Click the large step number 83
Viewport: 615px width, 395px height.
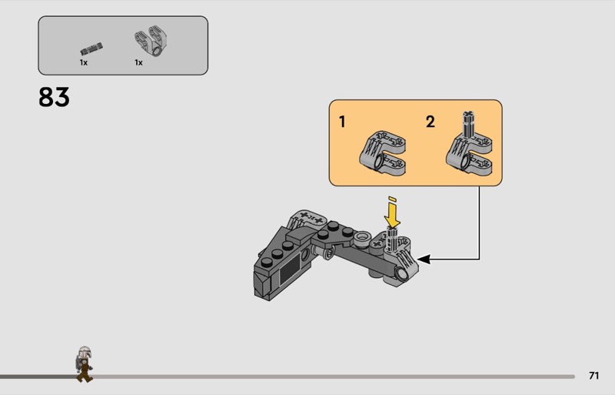[54, 97]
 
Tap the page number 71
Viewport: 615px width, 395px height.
[593, 376]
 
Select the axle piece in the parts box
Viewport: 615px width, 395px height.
[91, 49]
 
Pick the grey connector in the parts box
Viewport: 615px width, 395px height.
[151, 42]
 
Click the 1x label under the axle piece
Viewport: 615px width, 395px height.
[84, 62]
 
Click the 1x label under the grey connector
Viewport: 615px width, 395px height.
[138, 62]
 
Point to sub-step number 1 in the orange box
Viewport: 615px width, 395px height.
[342, 122]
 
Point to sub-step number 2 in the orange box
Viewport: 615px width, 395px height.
[430, 122]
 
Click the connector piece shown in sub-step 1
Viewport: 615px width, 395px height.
[382, 153]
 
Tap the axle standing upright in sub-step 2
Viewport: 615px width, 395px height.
[468, 124]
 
